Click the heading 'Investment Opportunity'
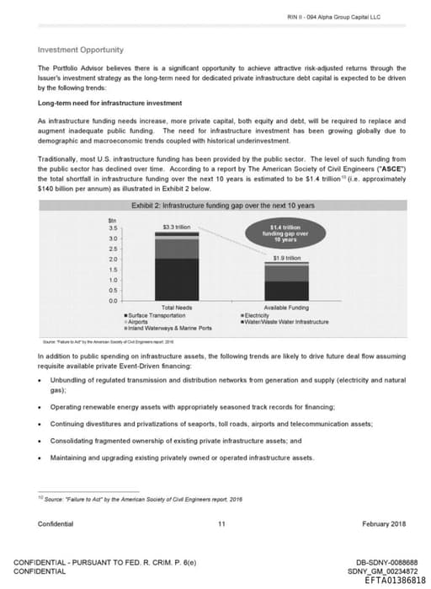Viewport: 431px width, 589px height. click(x=81, y=50)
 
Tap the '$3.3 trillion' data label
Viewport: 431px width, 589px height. click(x=178, y=228)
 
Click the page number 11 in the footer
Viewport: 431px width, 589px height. click(x=221, y=524)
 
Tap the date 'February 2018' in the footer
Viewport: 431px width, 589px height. click(x=384, y=524)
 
